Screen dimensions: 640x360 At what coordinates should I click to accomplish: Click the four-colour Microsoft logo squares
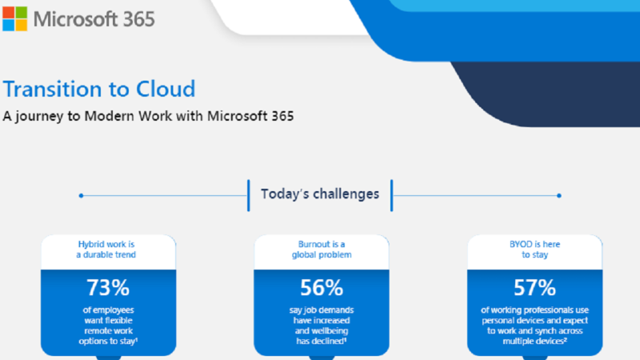15,18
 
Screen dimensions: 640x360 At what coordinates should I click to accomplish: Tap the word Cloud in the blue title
166,89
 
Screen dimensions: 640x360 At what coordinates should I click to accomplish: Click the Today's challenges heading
320,194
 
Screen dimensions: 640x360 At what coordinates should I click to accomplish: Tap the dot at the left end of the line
82,195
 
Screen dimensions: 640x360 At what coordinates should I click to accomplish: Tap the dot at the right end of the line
558,195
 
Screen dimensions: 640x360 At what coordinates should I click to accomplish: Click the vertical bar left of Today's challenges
248,195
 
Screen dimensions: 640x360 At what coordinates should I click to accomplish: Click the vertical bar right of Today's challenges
391,195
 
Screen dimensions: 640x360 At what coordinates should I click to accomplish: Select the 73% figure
108,288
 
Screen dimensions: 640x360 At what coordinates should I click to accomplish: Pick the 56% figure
322,288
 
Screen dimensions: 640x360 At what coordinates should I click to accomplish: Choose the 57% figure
534,288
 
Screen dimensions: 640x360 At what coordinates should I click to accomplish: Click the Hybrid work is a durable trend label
106,250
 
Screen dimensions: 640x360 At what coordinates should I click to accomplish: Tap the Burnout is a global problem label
322,250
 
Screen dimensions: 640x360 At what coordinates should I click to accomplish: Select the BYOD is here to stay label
534,250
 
